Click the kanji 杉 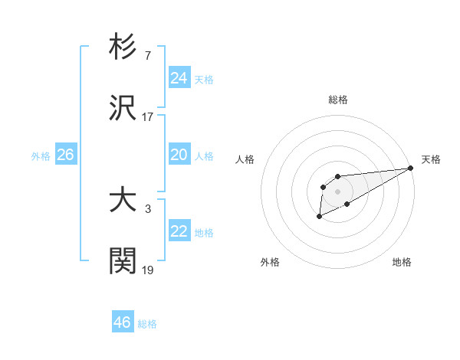click(x=123, y=47)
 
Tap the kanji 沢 click(x=123, y=108)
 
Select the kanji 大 click(x=123, y=200)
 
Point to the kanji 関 click(x=123, y=261)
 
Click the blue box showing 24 click(x=179, y=77)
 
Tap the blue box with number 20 click(x=179, y=155)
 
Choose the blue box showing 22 click(x=179, y=231)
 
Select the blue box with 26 click(x=65, y=155)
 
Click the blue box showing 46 click(x=123, y=322)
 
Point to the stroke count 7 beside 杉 click(x=148, y=56)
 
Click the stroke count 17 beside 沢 click(x=148, y=117)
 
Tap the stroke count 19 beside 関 click(x=148, y=270)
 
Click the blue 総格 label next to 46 click(x=147, y=324)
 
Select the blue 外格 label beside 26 click(x=41, y=155)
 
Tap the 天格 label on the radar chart click(x=431, y=159)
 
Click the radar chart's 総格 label click(x=338, y=100)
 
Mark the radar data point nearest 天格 click(x=411, y=168)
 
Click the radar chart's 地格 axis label click(x=402, y=262)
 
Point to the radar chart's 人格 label click(x=245, y=159)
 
